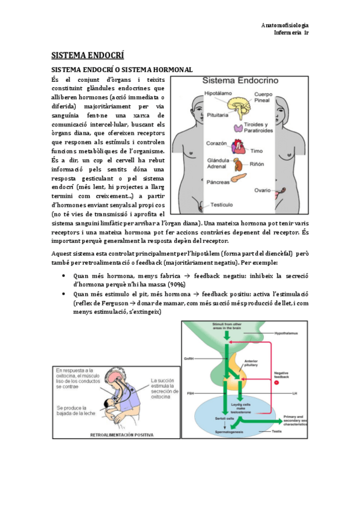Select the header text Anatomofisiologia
(285, 25)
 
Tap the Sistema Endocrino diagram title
(240, 80)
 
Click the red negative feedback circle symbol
(277, 382)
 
